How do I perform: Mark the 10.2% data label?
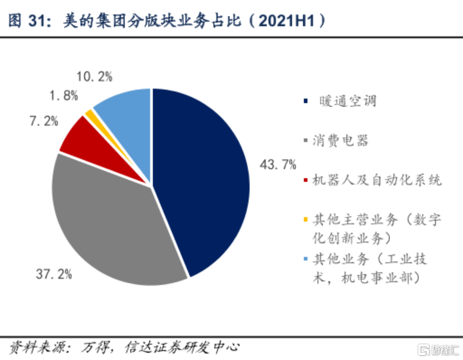tap(95, 76)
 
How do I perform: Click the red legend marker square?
tap(306, 181)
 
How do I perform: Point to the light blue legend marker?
tap(306, 259)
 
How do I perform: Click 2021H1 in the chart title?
tap(288, 21)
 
